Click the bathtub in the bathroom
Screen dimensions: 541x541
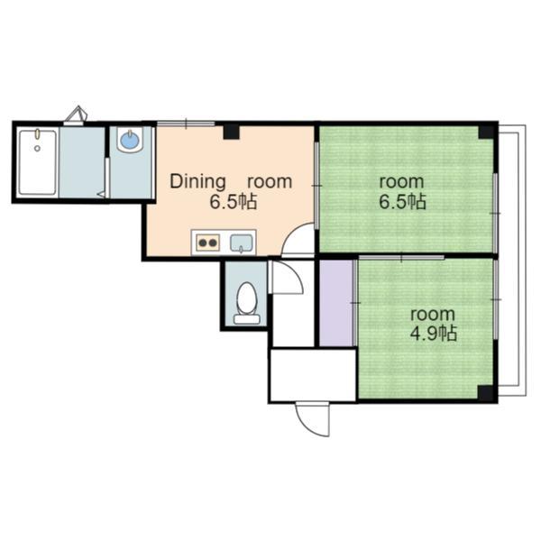click(x=38, y=162)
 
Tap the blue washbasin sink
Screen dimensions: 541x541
click(x=130, y=140)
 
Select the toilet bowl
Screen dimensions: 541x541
click(x=247, y=298)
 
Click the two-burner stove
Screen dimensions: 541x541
click(x=208, y=243)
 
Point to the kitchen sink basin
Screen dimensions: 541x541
click(x=242, y=243)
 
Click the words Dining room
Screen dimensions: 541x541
click(x=231, y=182)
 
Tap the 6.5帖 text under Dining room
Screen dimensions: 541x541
click(x=234, y=202)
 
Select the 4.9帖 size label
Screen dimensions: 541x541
click(x=434, y=334)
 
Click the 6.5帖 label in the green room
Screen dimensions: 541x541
click(x=403, y=202)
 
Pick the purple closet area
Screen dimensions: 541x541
click(x=336, y=303)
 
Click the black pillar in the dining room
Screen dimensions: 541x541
click(x=231, y=131)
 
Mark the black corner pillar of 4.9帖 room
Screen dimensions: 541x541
click(x=486, y=393)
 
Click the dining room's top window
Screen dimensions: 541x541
click(x=186, y=124)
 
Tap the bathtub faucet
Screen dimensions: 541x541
click(x=37, y=133)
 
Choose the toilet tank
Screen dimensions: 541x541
click(x=247, y=319)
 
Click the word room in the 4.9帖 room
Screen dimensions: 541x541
click(x=433, y=315)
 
